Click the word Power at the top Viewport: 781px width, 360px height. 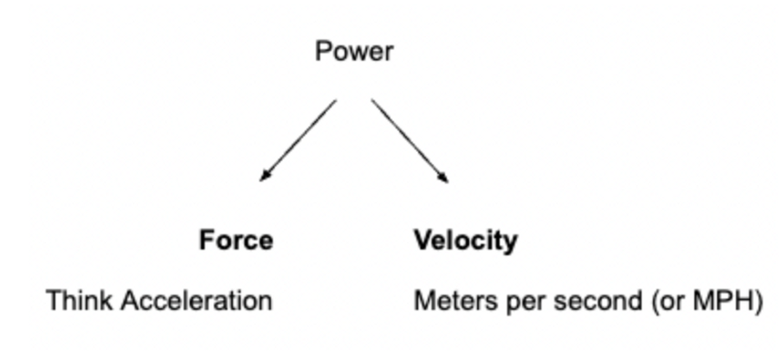pyautogui.click(x=353, y=52)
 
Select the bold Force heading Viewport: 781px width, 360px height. pyautogui.click(x=236, y=240)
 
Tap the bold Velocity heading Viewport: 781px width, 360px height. pyautogui.click(x=465, y=240)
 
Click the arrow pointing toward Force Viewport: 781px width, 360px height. pyautogui.click(x=299, y=139)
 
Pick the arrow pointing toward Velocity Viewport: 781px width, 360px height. pyautogui.click(x=410, y=140)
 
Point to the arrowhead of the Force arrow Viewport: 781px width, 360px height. pyautogui.click(x=264, y=177)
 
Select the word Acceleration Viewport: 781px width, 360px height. pyautogui.click(x=197, y=301)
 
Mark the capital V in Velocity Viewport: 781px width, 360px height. pyautogui.click(x=422, y=240)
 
